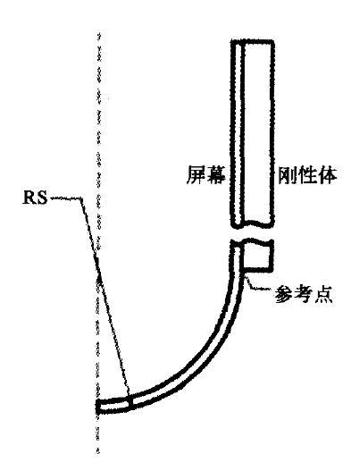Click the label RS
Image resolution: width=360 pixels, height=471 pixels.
(x=35, y=198)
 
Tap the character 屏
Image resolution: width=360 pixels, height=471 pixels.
(x=196, y=174)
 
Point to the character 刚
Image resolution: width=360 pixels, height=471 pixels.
(x=287, y=174)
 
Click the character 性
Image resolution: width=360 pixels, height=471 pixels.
(x=306, y=174)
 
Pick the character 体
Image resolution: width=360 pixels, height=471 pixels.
(x=326, y=174)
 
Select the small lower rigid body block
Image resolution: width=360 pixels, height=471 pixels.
(x=258, y=256)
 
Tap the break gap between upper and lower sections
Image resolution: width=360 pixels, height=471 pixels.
(x=252, y=233)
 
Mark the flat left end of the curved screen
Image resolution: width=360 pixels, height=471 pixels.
(x=98, y=407)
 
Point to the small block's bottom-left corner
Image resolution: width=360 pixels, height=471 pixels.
(x=243, y=272)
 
